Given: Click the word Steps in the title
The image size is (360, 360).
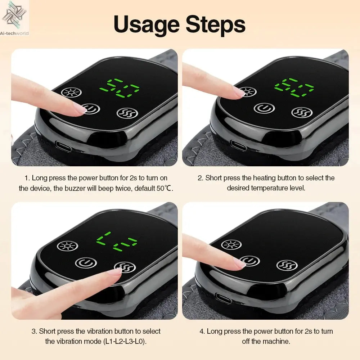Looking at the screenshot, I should (215, 24).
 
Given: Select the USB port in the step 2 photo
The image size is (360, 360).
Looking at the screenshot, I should (238, 145).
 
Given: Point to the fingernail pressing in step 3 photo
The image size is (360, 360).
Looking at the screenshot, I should (116, 272).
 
